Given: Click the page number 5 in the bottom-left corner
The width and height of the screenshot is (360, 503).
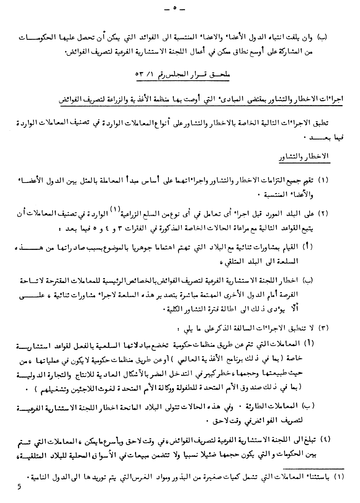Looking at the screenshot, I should point(19,487).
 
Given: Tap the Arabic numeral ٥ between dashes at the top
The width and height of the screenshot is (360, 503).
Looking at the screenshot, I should point(174,9).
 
